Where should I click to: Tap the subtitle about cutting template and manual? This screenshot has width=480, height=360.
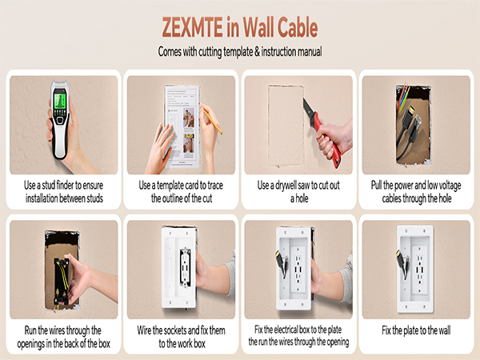coord(239,53)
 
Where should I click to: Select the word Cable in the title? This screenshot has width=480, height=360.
coord(290,27)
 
